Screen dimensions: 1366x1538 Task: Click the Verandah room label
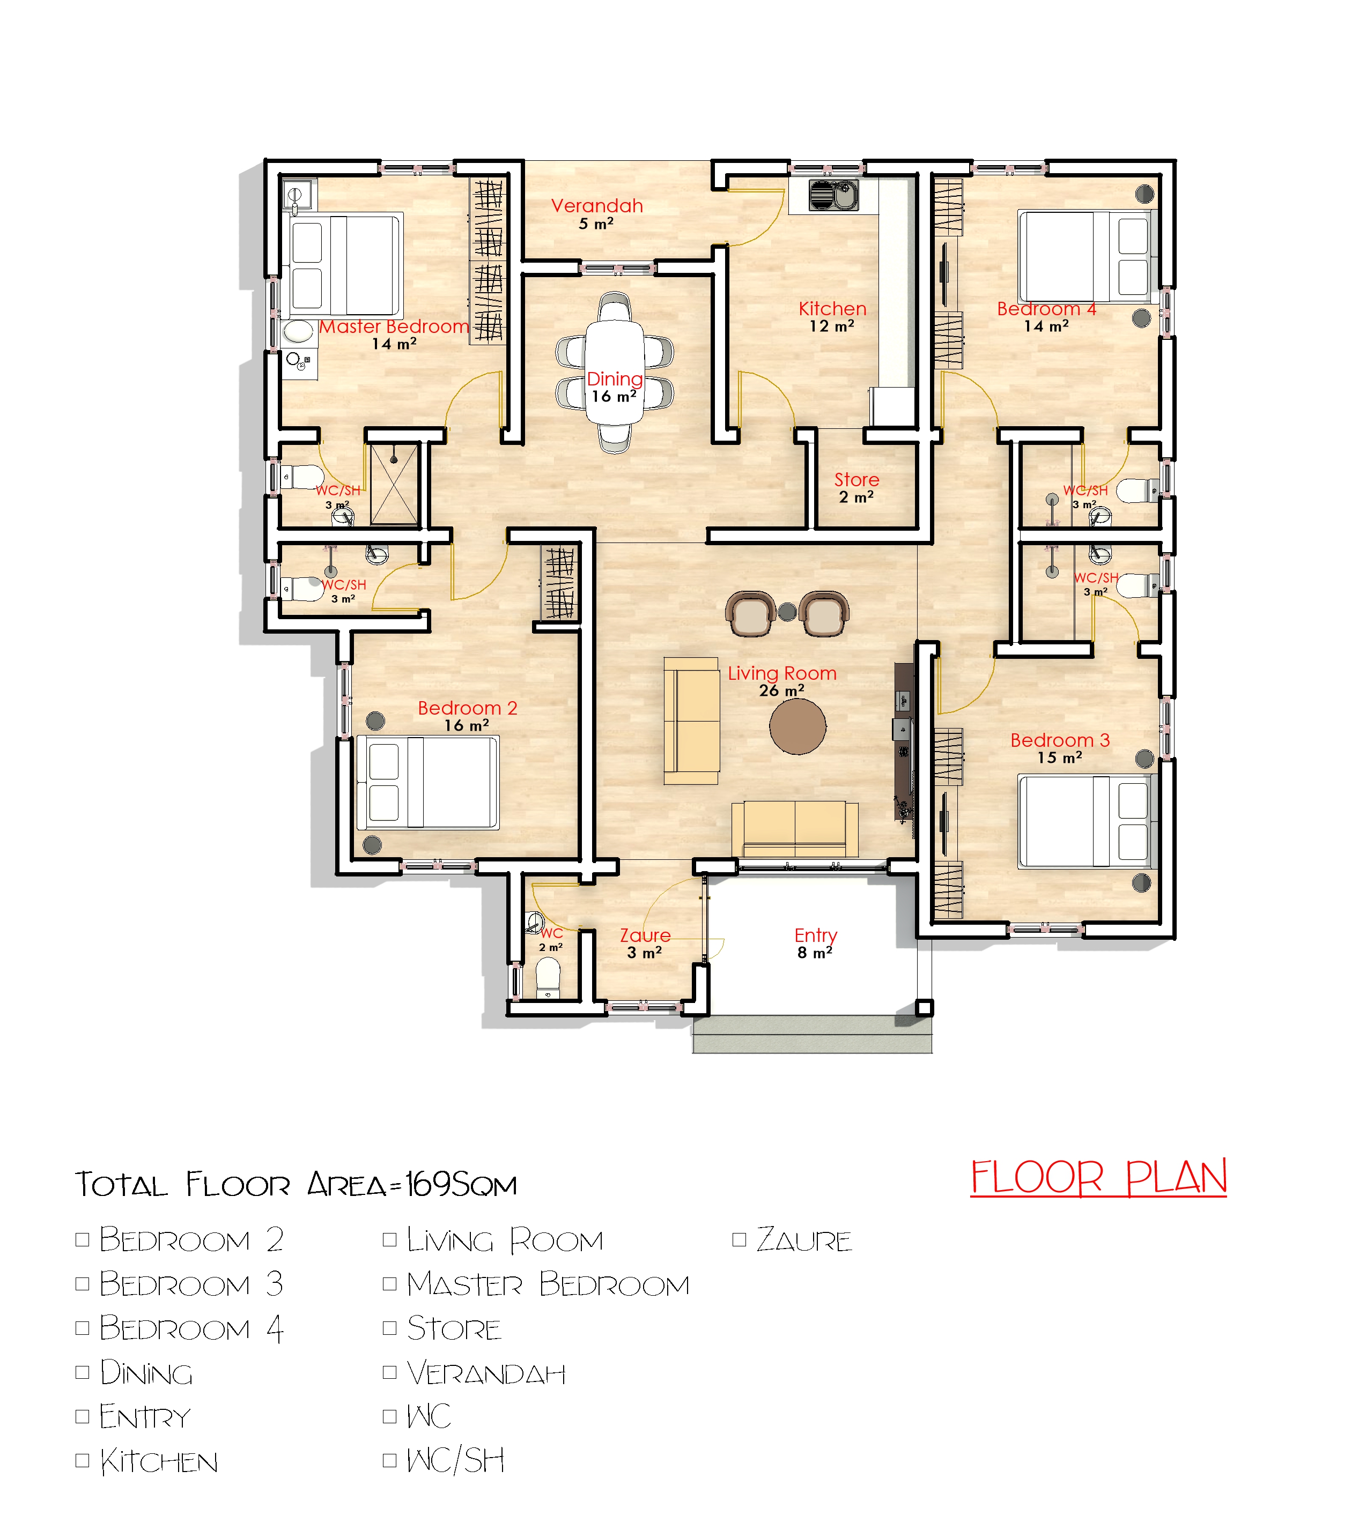pos(597,205)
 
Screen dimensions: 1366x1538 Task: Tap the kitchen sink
pos(834,195)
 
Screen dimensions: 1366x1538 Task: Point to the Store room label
pos(856,479)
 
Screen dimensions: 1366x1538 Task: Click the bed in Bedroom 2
pos(427,783)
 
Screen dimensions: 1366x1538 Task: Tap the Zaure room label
pos(645,935)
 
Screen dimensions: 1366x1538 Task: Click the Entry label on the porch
pos(816,935)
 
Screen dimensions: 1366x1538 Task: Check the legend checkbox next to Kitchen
pos(83,1460)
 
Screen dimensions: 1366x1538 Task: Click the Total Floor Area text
pos(296,1184)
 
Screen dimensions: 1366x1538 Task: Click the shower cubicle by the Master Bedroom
pos(394,484)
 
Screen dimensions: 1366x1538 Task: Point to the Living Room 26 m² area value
pos(782,690)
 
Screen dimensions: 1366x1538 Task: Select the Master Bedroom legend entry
pos(548,1284)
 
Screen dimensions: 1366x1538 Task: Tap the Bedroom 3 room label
pos(1060,740)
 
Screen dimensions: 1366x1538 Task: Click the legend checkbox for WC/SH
pos(390,1460)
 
